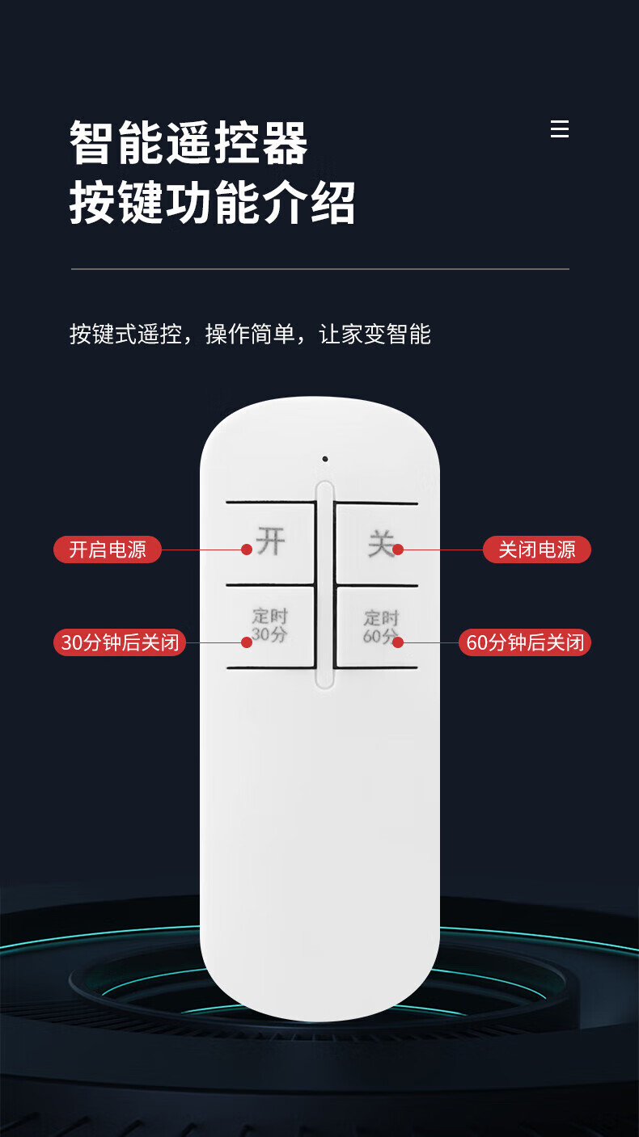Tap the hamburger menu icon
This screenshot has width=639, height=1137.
(560, 129)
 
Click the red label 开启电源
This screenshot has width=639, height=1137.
(108, 550)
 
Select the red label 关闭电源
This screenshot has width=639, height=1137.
(537, 550)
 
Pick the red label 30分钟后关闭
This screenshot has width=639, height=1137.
(120, 642)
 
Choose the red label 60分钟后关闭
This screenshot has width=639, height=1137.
(525, 642)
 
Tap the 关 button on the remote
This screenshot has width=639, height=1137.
(376, 544)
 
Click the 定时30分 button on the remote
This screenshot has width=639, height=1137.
(271, 626)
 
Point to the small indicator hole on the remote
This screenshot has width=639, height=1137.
(325, 459)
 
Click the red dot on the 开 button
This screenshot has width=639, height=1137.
(247, 550)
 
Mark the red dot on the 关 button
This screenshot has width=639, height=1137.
(398, 550)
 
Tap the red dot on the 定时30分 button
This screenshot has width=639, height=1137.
(247, 642)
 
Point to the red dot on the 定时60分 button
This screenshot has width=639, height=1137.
(398, 642)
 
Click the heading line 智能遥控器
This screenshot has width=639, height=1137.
(188, 143)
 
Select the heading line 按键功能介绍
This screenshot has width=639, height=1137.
(212, 203)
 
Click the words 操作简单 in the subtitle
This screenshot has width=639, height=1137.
(250, 334)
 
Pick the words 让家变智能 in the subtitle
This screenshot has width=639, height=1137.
(375, 334)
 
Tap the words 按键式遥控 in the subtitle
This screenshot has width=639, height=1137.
(125, 334)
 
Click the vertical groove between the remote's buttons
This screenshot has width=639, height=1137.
(324, 585)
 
